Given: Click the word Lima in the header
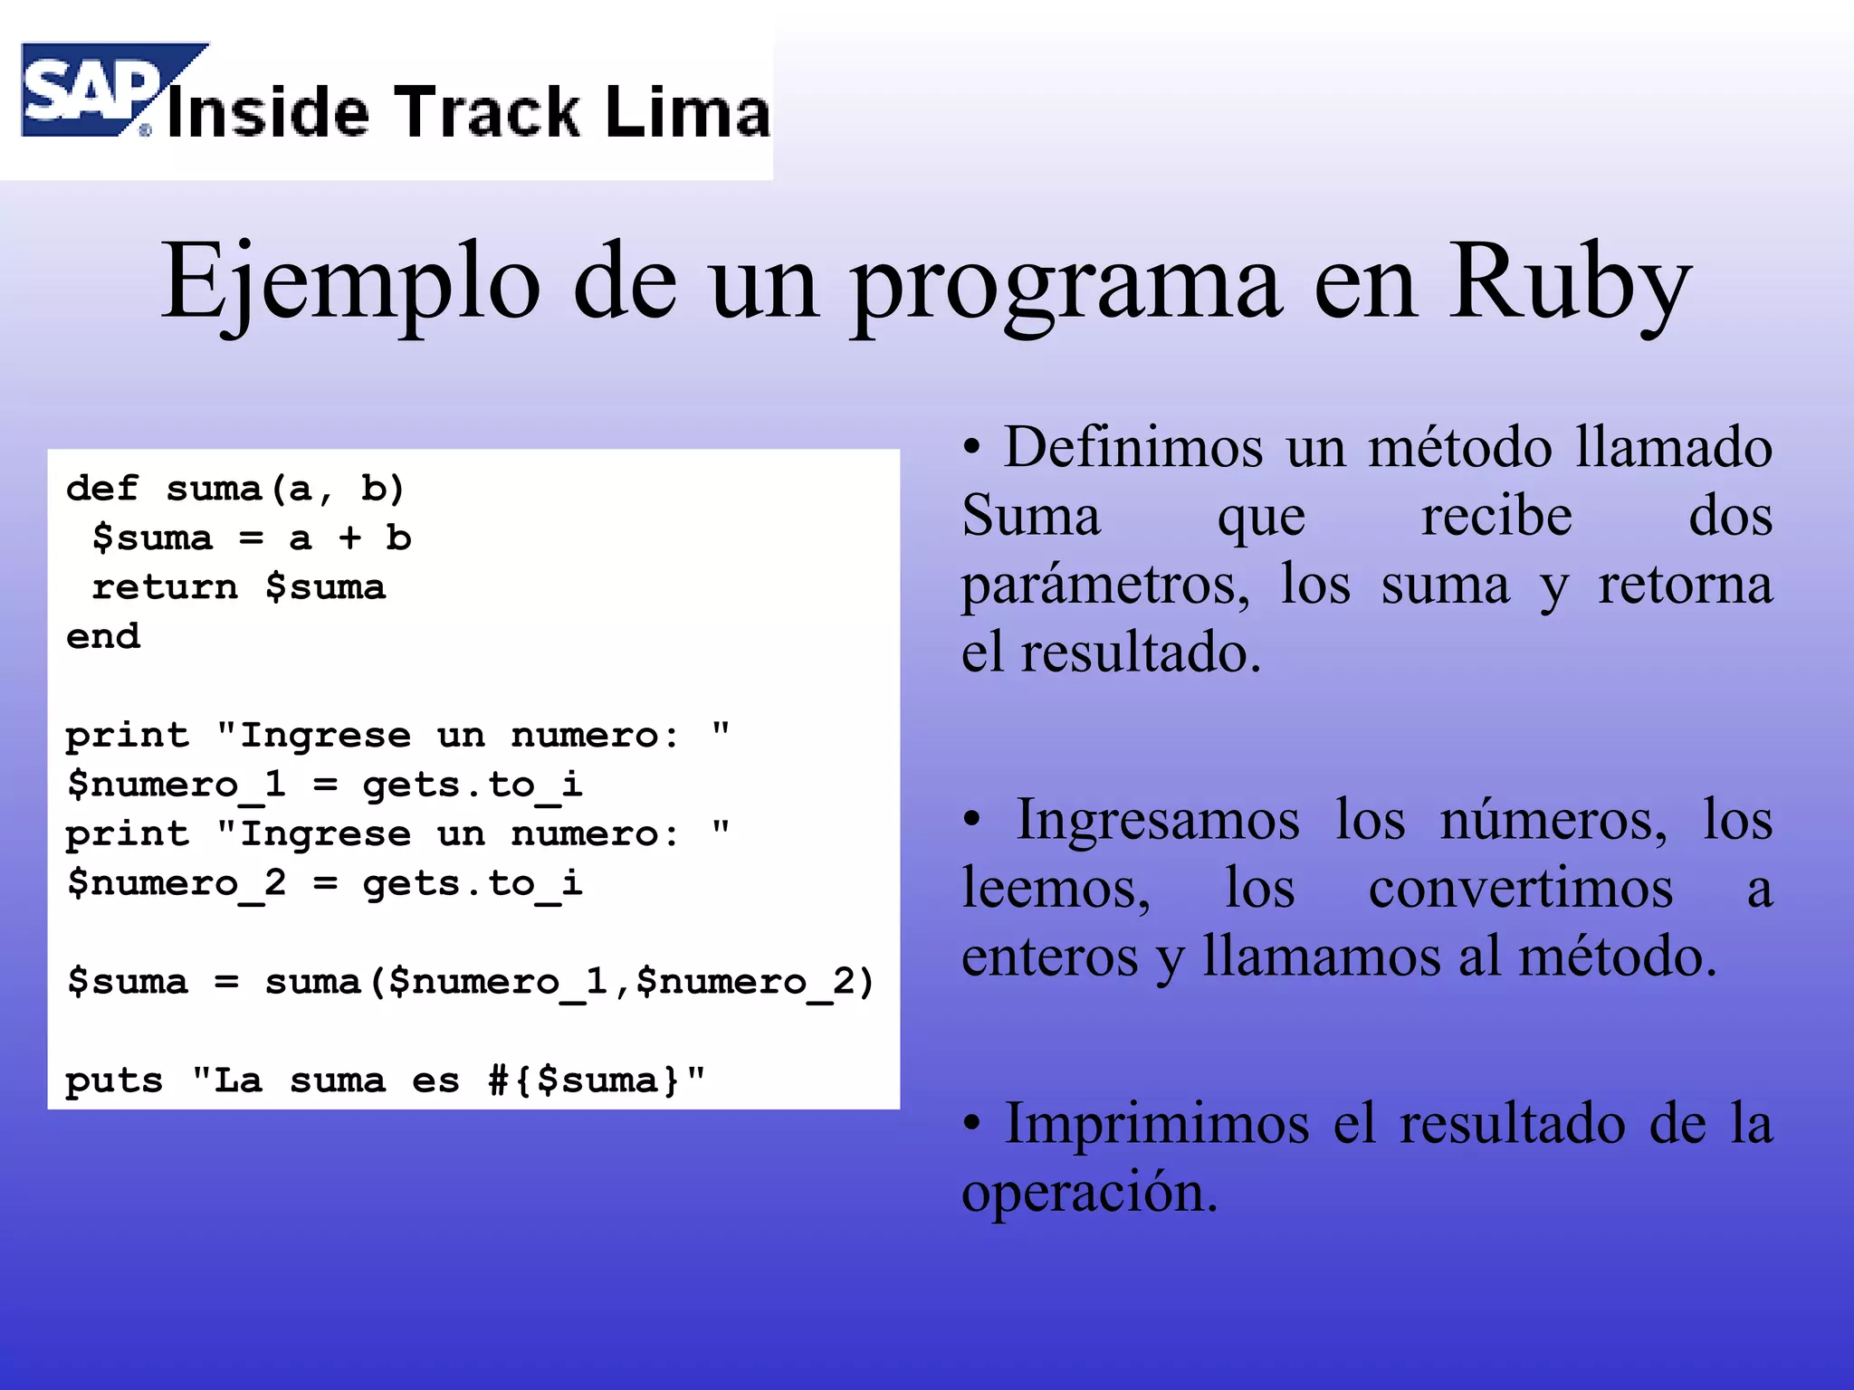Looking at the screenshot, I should tap(687, 113).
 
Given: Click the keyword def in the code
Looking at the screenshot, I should tap(102, 489).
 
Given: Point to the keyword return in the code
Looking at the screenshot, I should tap(165, 587).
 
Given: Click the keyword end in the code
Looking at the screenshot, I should tap(102, 636).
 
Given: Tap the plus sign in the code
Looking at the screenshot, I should tap(349, 538).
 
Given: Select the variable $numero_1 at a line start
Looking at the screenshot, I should tap(177, 785).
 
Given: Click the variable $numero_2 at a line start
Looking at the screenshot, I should tap(177, 883).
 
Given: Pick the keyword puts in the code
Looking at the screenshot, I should tap(114, 1081).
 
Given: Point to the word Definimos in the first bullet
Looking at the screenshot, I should tap(1132, 447).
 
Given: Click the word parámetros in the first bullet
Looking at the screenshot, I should tap(1104, 585).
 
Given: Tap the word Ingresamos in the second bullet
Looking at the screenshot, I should tap(1158, 820).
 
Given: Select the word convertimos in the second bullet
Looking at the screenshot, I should tap(1520, 889).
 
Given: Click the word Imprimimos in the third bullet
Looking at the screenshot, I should tap(1157, 1124).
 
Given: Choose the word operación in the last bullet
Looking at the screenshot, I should tap(1089, 1193).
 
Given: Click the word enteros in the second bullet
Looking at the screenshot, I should tap(1049, 957).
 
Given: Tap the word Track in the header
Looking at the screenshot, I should tap(488, 113).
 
